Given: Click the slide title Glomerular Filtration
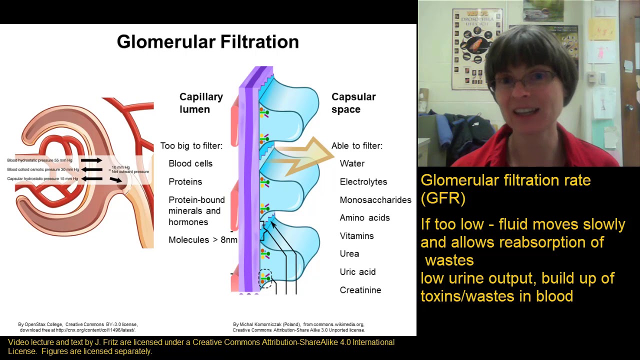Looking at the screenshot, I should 207,42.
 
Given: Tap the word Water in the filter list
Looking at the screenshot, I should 352,163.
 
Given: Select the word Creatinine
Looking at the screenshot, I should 360,290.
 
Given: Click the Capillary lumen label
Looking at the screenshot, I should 201,103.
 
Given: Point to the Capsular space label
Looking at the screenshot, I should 353,103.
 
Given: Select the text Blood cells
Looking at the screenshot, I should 190,163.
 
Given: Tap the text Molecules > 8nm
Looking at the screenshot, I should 202,240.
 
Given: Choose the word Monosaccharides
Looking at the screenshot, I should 375,200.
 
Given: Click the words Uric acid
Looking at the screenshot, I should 357,272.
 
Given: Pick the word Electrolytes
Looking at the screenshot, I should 363,182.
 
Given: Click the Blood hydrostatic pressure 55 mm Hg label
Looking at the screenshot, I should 39,160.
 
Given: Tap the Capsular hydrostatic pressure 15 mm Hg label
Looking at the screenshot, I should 42,178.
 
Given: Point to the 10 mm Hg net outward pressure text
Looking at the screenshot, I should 129,169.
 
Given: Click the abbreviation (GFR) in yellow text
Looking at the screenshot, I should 443,198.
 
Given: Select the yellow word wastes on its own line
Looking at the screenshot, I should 449,260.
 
